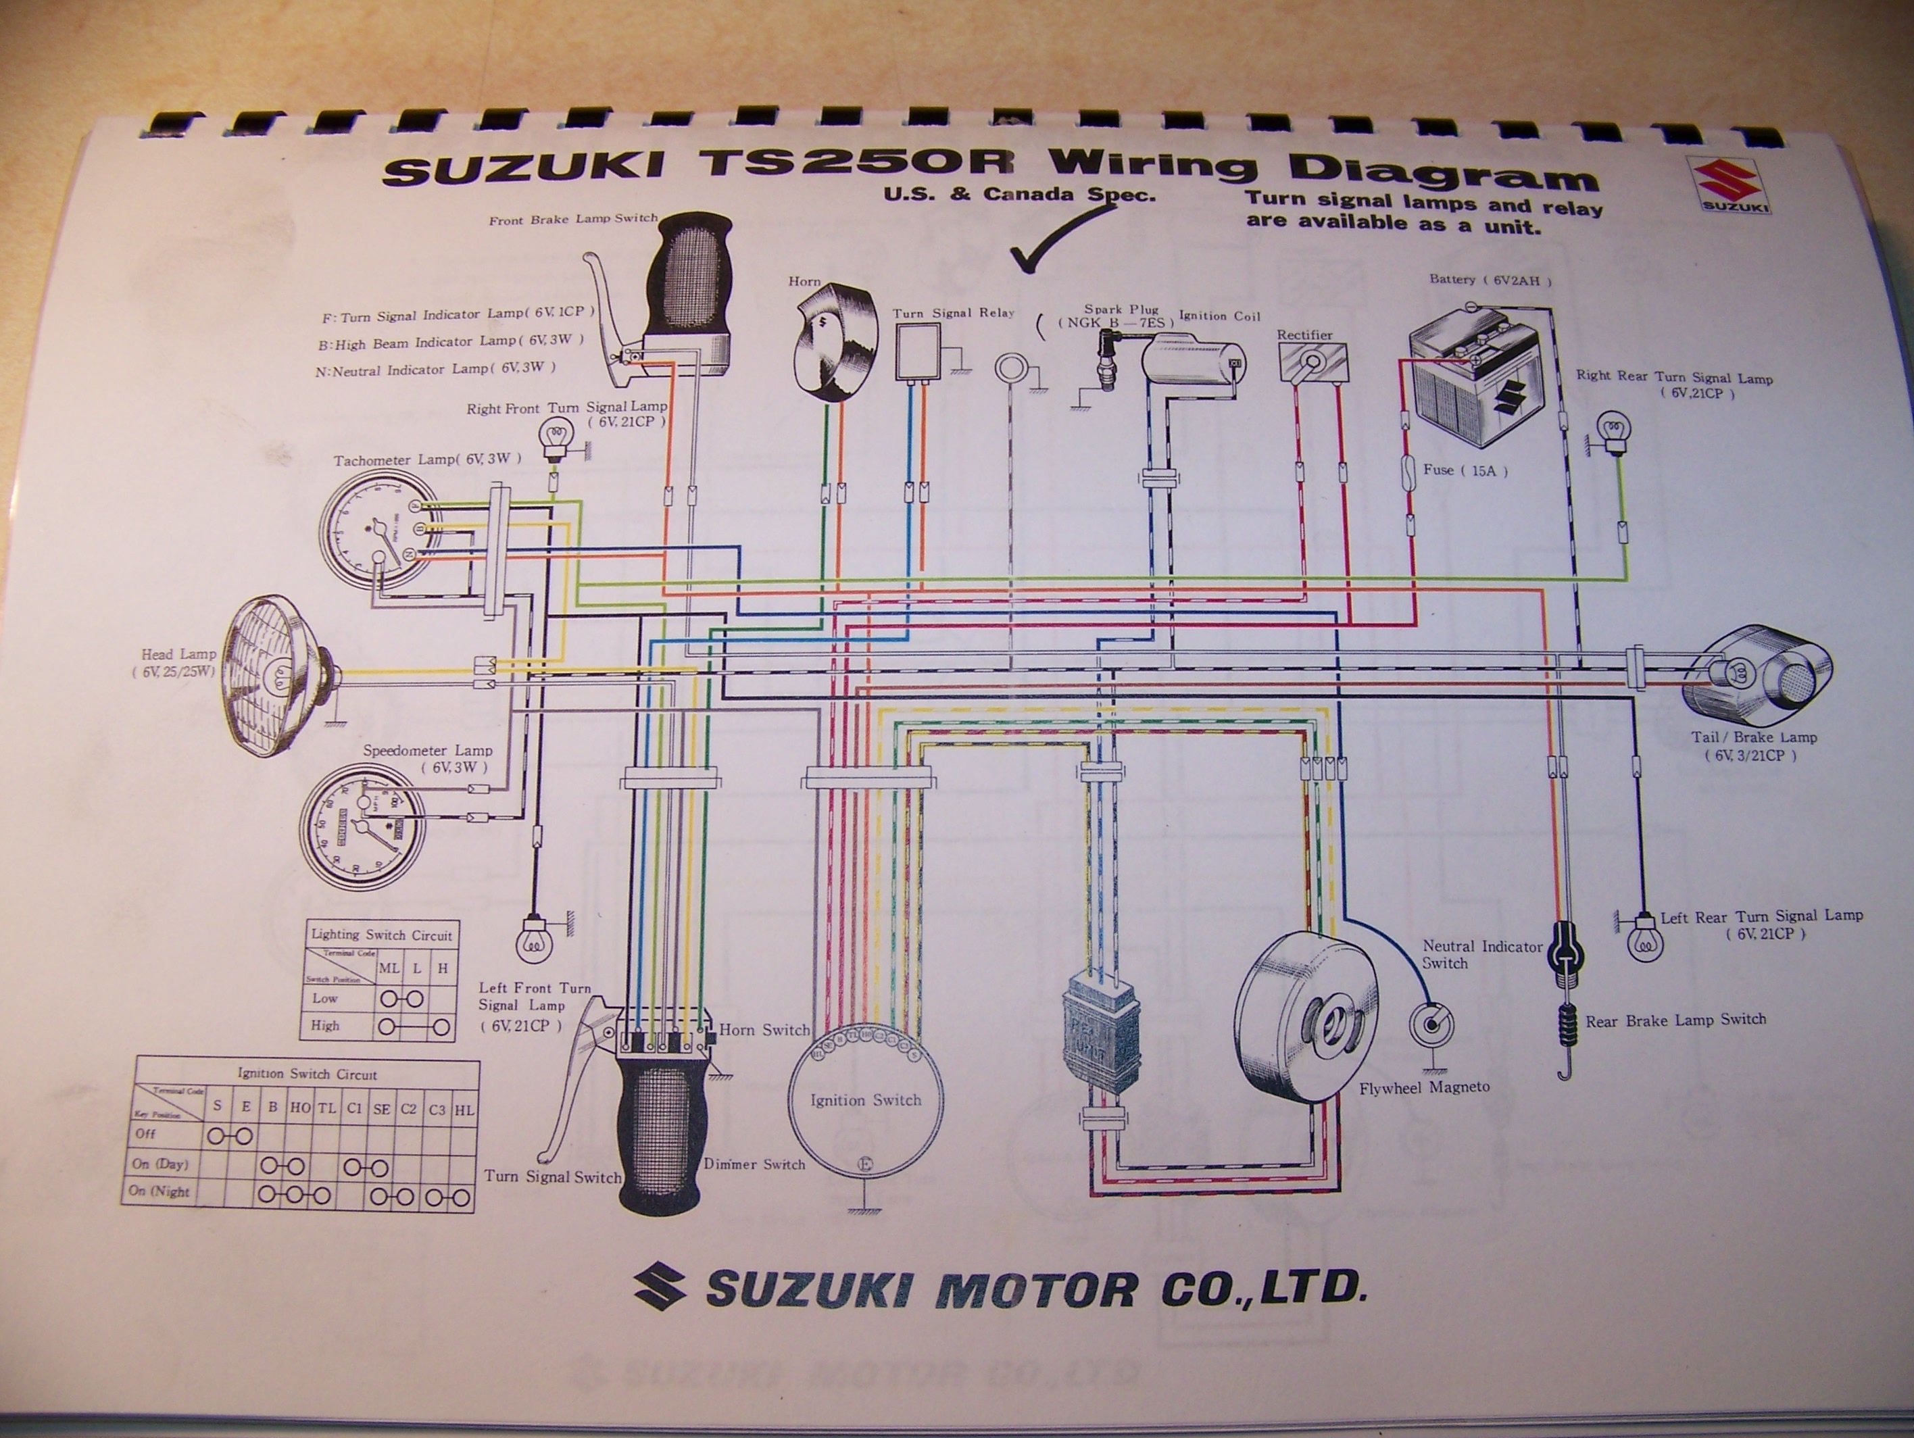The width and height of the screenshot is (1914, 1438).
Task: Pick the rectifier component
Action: click(1312, 362)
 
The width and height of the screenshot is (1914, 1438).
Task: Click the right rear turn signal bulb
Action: click(1614, 428)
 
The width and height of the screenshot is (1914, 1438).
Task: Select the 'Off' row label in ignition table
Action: click(145, 1133)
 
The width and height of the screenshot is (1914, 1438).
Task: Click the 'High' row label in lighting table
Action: click(325, 1025)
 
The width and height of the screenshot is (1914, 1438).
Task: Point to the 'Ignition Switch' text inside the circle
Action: click(865, 1101)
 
